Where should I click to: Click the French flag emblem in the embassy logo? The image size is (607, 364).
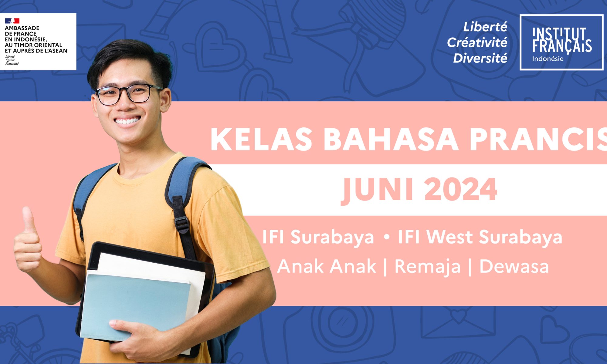tap(12, 21)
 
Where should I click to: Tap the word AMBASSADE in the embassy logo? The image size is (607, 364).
tap(22, 28)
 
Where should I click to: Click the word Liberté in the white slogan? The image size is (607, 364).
tap(485, 27)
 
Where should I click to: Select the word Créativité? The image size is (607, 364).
tap(477, 42)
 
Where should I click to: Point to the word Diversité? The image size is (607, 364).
tap(480, 58)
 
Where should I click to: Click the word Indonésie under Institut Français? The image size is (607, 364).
tap(548, 59)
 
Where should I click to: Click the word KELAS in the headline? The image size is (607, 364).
tap(261, 139)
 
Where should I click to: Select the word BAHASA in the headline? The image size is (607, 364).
tap(391, 139)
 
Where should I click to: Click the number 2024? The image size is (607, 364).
tap(461, 190)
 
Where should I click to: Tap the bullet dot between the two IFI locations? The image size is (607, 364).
tap(386, 237)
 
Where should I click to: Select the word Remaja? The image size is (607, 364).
tap(427, 267)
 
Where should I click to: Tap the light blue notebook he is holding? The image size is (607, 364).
tap(135, 306)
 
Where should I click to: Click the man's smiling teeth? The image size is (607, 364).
tap(127, 121)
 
